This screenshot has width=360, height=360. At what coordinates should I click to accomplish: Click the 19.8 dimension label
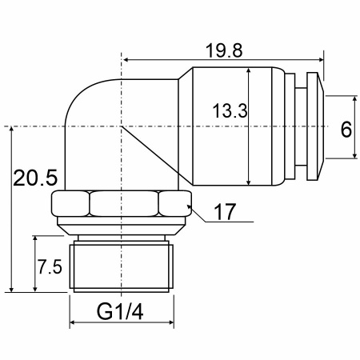coord(224,50)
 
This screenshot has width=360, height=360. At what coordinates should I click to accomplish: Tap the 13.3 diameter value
coord(230,111)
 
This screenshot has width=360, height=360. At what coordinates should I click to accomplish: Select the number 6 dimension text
coord(346,130)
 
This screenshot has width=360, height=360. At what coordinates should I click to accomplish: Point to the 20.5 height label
coord(35,178)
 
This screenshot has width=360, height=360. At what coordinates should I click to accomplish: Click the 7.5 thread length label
coord(50,267)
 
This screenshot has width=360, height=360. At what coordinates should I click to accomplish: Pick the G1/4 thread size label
coord(120,312)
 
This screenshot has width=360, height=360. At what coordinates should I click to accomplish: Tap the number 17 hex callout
coord(225,212)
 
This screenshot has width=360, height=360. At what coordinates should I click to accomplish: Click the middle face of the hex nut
coord(124,203)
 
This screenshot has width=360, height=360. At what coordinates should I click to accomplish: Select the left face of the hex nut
coord(70,203)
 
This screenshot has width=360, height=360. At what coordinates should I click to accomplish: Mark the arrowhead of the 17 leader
coord(189,207)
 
